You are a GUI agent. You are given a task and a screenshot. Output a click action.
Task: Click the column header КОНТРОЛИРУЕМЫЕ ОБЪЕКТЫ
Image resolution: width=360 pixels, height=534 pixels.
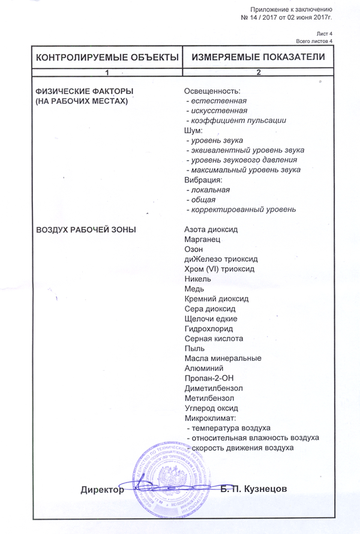pyautogui.click(x=107, y=57)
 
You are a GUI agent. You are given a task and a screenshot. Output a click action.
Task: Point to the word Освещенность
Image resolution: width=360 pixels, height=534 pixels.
pyautogui.click(x=212, y=91)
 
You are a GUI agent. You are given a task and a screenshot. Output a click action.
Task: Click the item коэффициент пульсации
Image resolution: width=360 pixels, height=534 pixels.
pyautogui.click(x=236, y=120)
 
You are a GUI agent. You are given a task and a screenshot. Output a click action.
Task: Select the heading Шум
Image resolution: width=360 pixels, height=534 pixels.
pyautogui.click(x=193, y=130)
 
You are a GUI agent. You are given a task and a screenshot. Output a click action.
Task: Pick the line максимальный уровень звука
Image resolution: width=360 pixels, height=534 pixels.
pyautogui.click(x=244, y=170)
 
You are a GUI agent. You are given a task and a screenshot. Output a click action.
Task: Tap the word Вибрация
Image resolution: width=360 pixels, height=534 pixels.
pyautogui.click(x=203, y=179)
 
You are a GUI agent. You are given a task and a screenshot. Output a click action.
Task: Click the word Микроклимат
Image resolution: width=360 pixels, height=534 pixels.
pyautogui.click(x=210, y=418)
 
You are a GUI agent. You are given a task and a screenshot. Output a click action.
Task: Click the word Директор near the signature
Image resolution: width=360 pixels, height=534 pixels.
pyautogui.click(x=102, y=489)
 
